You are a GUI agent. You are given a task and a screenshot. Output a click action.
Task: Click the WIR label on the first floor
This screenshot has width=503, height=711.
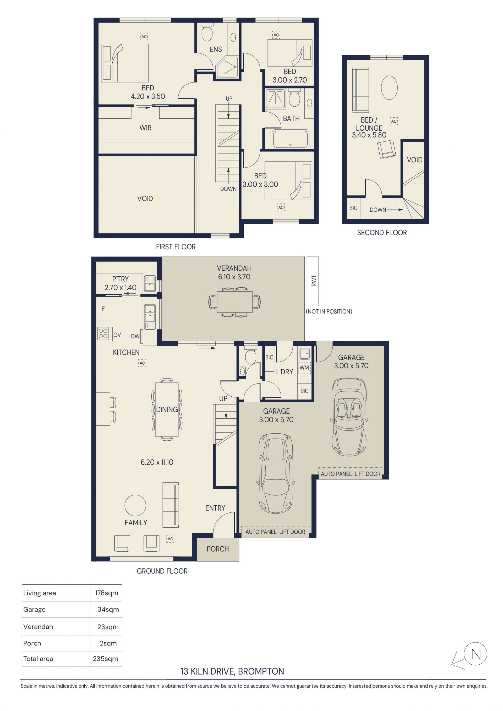pos(145,128)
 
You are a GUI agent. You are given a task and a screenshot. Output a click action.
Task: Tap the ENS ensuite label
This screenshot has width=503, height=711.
pos(216,49)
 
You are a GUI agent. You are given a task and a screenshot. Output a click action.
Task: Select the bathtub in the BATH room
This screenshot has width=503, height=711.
pos(290,139)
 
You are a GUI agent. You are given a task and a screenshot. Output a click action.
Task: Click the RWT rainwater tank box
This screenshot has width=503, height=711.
pos(313,281)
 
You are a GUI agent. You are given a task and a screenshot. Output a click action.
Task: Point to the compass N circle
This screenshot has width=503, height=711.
pos(475,654)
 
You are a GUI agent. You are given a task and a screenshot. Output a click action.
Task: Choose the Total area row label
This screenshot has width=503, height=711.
pos(38,659)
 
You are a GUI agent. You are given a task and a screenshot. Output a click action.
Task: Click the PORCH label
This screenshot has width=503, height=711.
pos(218,549)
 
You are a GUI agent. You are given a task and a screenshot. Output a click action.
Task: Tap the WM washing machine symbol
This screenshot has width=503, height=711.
pos(304,368)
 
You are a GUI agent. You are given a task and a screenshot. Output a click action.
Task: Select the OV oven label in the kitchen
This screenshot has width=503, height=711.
pos(117,335)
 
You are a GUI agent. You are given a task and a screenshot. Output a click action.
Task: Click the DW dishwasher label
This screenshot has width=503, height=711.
pos(135,336)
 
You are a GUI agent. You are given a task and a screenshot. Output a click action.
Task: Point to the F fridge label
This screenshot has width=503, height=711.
pos(103,309)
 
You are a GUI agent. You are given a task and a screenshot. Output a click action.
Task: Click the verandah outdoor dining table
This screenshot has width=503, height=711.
pos(234,302)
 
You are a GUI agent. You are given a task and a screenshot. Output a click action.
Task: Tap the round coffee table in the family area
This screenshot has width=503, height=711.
pos(135,505)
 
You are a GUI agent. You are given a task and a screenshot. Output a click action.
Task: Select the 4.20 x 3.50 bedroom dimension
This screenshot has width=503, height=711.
pos(148,96)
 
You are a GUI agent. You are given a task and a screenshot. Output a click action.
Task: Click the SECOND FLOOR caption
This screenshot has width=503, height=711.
pos(382,233)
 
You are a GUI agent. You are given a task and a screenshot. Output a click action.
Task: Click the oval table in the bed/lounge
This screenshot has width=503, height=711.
pos(389,88)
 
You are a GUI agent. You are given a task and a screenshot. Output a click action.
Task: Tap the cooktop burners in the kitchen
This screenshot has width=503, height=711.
pos(103,333)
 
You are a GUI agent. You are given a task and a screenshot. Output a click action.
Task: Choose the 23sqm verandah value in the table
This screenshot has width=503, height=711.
pos(108,627)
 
